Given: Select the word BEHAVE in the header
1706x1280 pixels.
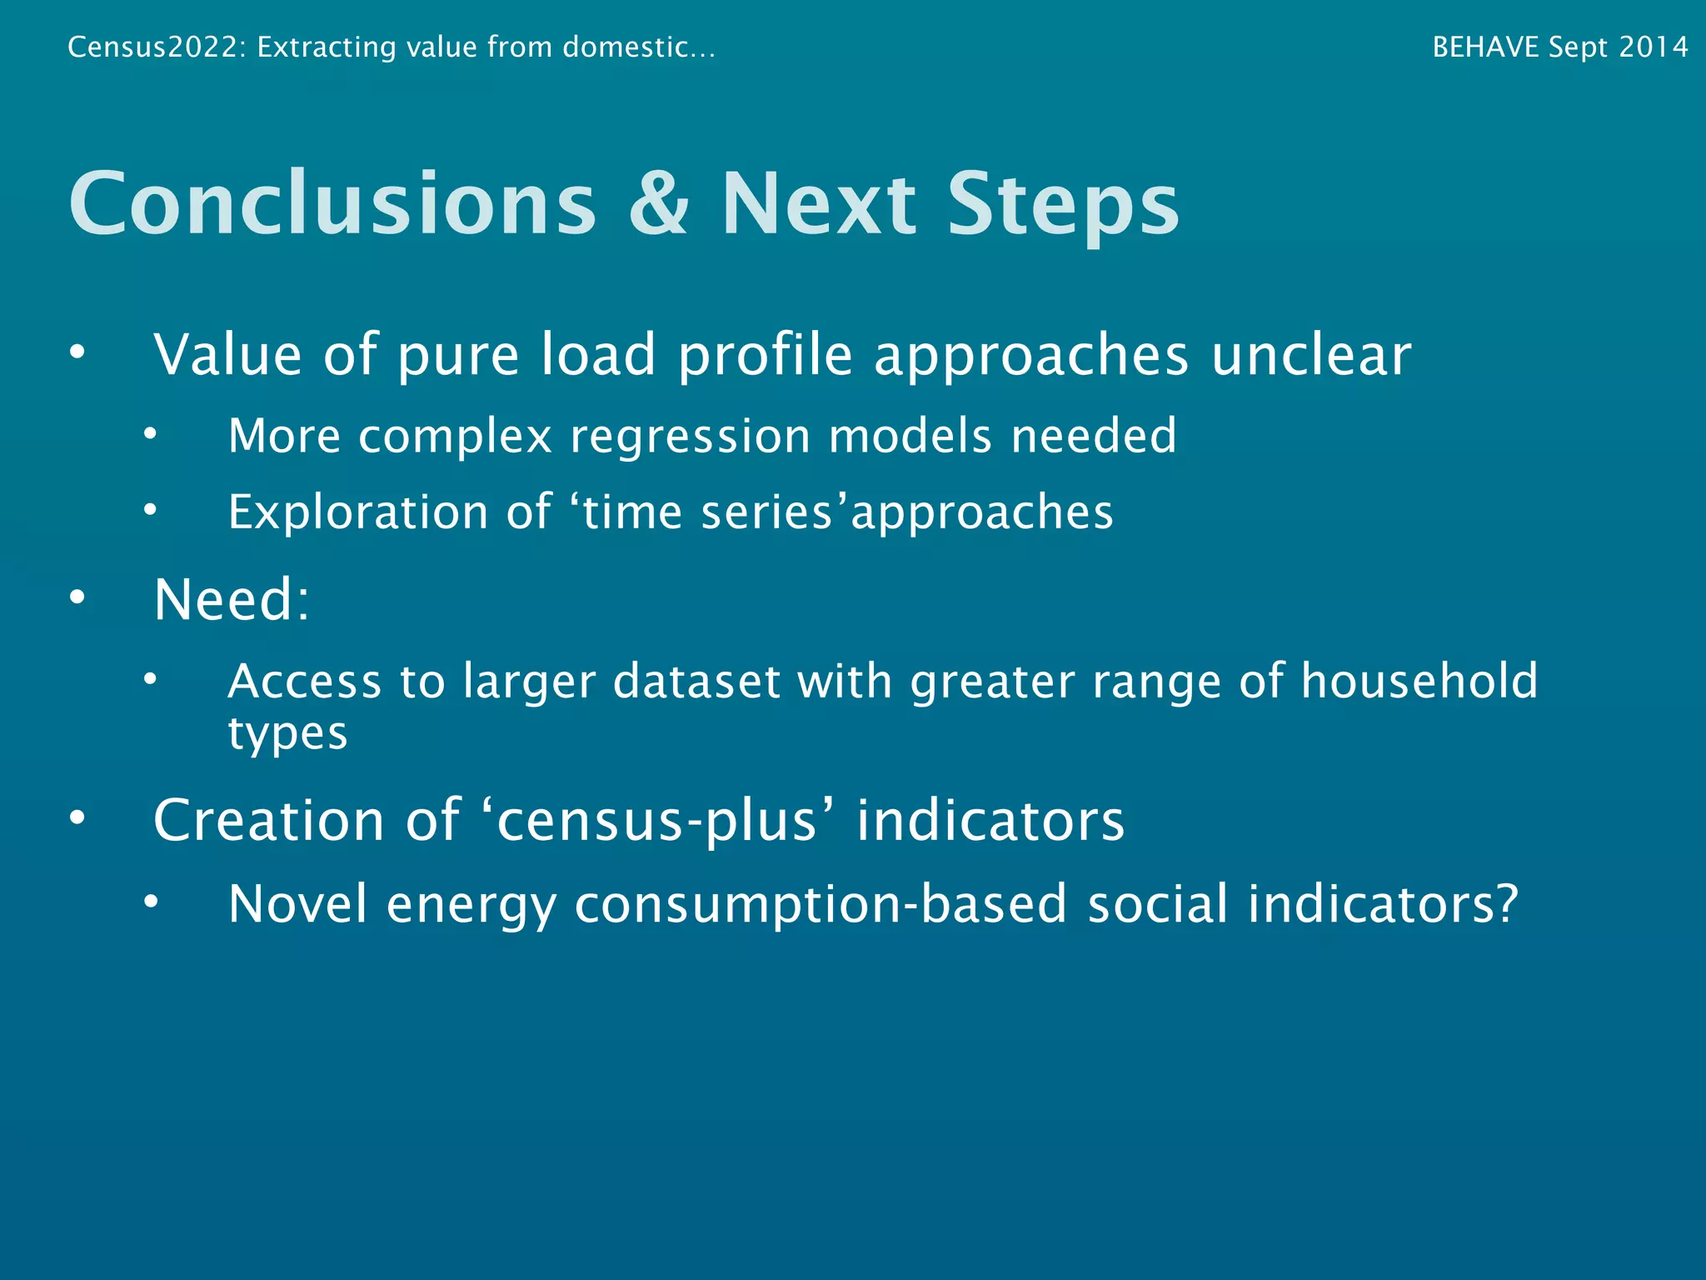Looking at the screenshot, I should tap(1485, 47).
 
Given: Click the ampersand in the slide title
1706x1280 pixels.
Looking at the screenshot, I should tap(659, 203).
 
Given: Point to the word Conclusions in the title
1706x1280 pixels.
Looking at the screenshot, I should tap(332, 203).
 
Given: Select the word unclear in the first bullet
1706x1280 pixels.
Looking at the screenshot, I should tap(1311, 355).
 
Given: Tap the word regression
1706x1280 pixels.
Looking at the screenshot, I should tap(690, 436).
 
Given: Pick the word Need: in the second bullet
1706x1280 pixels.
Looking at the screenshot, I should tap(232, 599).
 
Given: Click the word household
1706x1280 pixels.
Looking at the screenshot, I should tap(1419, 681).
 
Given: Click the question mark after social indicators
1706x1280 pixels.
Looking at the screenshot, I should tap(1507, 903).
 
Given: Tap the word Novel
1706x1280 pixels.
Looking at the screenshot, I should tap(297, 903).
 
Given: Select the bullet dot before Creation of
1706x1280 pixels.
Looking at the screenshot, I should tap(77, 818).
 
